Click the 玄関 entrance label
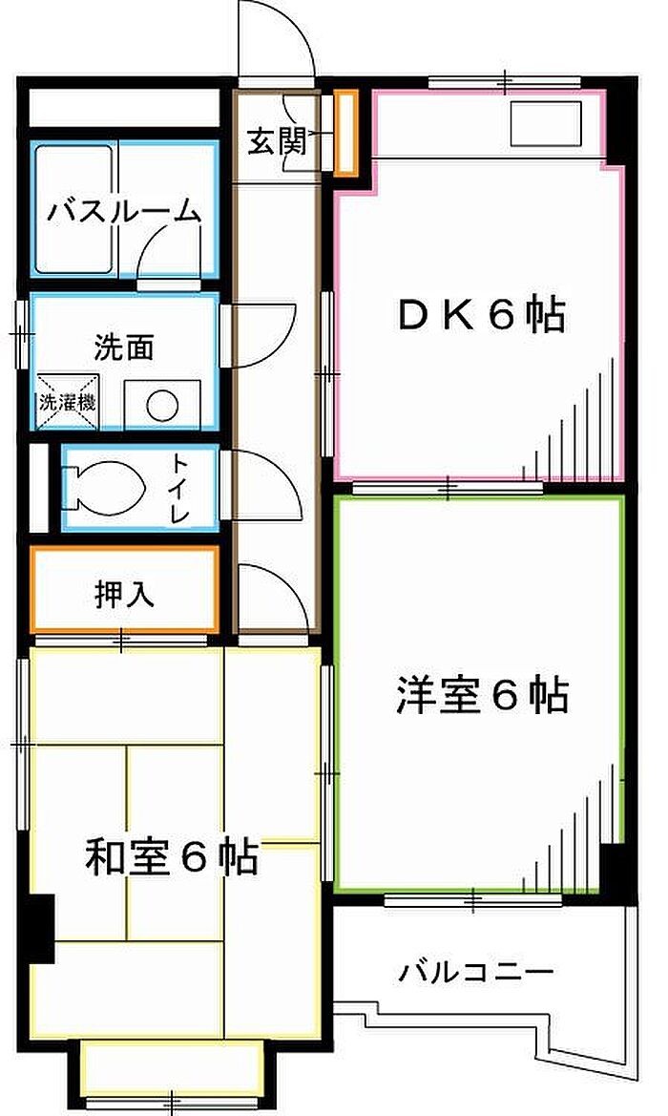[x=278, y=142]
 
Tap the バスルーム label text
[x=122, y=211]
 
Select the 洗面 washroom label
[x=124, y=347]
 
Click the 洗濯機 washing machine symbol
[x=67, y=401]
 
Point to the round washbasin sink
[x=162, y=405]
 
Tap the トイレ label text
[x=179, y=488]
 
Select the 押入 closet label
[x=124, y=595]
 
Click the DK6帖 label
[x=481, y=315]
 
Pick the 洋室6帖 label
[x=482, y=695]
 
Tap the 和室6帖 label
[x=171, y=857]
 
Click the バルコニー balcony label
[x=474, y=972]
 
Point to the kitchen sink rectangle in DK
[x=546, y=124]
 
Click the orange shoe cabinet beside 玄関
[x=345, y=133]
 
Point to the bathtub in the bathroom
[x=74, y=208]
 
